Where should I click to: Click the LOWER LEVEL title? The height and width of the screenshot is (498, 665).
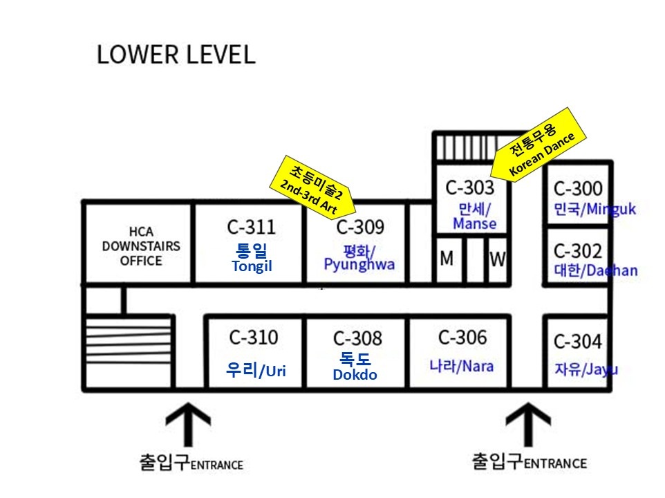point(176,55)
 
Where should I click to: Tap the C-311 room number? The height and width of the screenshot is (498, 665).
point(251,226)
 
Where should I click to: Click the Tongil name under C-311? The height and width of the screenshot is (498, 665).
point(251,268)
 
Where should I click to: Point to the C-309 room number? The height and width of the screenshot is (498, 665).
point(360,226)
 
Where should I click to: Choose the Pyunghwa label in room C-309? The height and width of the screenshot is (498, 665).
point(359,257)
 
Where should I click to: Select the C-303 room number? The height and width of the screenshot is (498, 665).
point(470,187)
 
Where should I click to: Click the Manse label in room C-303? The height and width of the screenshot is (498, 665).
point(474,216)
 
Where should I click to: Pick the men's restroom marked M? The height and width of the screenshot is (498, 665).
point(447,259)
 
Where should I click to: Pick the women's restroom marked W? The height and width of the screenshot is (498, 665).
point(497,259)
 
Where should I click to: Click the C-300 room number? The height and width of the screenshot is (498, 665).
point(578,188)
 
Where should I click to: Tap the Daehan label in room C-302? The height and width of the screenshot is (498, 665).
point(595,270)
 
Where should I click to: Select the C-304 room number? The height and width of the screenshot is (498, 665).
point(578,342)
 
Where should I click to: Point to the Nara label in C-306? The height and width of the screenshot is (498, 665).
point(462,366)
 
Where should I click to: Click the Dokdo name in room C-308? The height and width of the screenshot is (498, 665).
point(355,374)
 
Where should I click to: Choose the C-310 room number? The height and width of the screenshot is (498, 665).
point(254,338)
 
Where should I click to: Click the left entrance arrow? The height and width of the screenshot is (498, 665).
point(188,423)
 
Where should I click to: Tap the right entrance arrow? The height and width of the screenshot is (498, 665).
point(528,423)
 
